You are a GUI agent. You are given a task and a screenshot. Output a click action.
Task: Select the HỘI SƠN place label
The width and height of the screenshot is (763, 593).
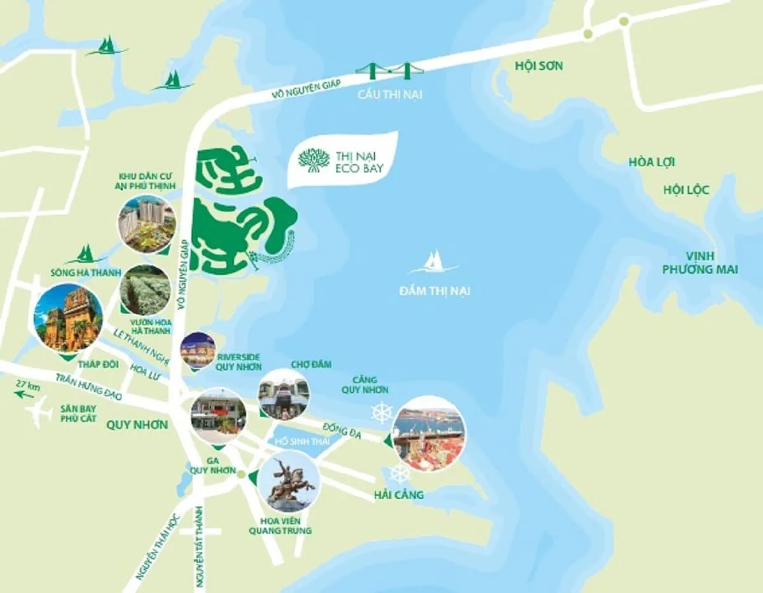coord(539,66)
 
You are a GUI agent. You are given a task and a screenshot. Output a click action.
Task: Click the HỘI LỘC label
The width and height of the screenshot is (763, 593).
coord(686,190)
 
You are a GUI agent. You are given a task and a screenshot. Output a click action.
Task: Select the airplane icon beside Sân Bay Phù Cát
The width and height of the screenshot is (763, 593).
coord(39,413)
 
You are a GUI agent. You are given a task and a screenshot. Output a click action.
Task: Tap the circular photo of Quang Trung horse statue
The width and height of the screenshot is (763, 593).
coord(290,481)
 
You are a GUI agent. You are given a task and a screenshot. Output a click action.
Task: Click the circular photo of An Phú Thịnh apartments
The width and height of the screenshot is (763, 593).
coord(147,223)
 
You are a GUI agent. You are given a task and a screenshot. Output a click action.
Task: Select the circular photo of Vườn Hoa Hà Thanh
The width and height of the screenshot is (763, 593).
coord(146,290)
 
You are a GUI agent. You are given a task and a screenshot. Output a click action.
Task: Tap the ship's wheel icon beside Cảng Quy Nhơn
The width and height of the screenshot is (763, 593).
coord(382,413)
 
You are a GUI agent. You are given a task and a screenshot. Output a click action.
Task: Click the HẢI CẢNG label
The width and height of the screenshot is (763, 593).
coord(399,494)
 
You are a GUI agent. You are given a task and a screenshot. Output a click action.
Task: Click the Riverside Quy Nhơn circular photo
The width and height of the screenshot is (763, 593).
coord(198,350)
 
